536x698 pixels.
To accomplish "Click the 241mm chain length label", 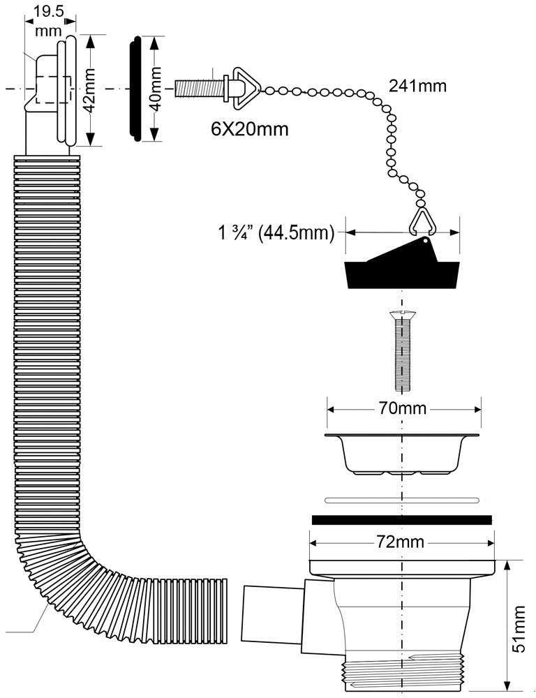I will [x=417, y=87].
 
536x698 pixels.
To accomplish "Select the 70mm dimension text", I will [x=403, y=409].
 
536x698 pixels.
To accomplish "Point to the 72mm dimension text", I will [x=403, y=542].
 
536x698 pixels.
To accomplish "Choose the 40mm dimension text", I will [x=156, y=89].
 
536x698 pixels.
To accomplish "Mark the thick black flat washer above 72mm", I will [x=402, y=519].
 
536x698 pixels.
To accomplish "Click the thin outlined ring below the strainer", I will [x=402, y=500].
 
